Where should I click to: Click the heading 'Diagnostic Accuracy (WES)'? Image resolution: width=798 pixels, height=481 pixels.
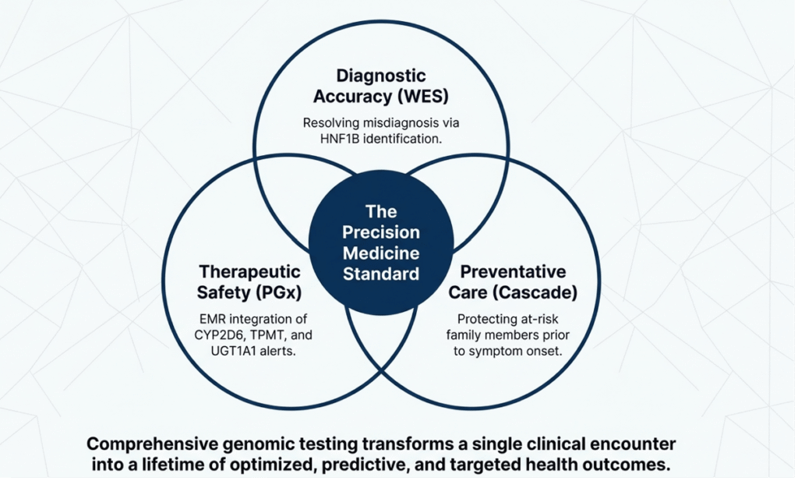point(381,86)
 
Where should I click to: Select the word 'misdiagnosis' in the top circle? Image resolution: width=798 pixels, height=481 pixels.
point(411,123)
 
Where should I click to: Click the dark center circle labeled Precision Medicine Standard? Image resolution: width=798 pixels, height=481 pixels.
point(382,242)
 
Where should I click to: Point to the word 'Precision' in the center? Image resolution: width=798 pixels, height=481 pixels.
point(382,232)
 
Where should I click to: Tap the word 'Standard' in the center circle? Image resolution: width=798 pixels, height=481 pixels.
point(382,274)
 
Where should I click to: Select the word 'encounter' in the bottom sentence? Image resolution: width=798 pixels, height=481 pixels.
point(628,444)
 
